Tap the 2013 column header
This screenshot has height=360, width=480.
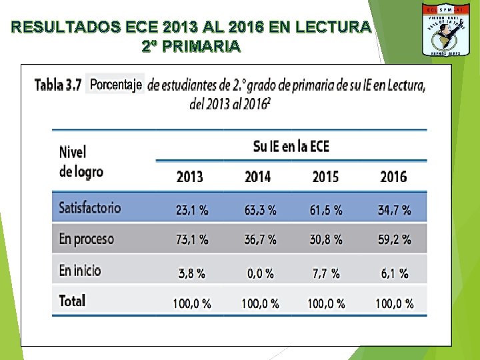190,177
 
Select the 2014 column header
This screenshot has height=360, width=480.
258,177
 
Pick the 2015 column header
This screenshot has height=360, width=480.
325,177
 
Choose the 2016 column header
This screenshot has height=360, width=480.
393,177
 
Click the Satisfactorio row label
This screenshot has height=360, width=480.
90,207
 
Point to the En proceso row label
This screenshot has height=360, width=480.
87,239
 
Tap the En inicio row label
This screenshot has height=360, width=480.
80,270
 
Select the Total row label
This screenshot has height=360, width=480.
72,301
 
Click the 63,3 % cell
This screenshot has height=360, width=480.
261,211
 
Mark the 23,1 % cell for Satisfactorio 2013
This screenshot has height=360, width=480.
192,211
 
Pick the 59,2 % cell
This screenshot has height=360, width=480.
395,239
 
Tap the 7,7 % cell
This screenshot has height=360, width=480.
325,273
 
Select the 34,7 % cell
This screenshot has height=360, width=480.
395,211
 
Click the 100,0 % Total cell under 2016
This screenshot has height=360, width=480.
395,304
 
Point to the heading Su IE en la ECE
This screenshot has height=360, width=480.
291,146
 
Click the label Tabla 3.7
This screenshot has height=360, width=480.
58,85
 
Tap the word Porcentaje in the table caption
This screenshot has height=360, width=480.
116,84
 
